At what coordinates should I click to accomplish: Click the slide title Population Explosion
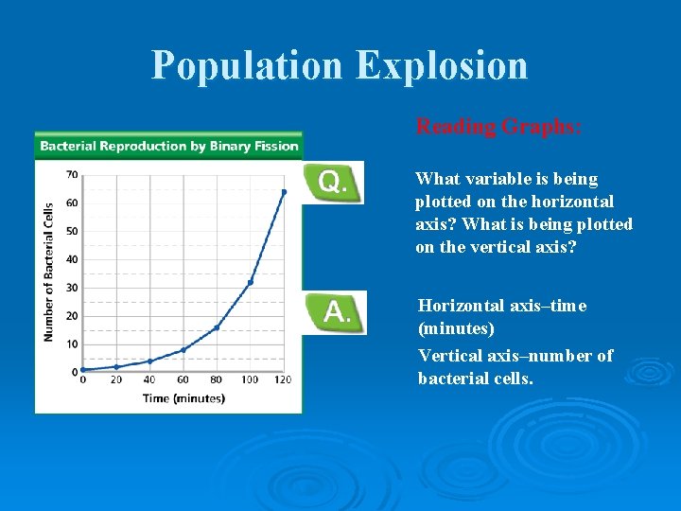pos(340,65)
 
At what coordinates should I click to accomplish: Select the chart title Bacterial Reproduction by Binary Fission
pos(169,146)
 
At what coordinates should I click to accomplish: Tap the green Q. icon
pos(332,182)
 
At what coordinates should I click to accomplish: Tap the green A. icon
pos(333,312)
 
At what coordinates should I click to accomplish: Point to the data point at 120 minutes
pos(283,192)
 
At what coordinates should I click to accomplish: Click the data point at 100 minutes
pos(250,282)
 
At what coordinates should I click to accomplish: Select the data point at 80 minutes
pos(217,327)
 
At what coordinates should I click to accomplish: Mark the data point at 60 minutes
pos(183,350)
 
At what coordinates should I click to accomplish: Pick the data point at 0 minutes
pos(83,370)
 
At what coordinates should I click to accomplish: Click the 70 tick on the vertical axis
pos(72,174)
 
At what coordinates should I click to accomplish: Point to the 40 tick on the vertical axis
pos(72,259)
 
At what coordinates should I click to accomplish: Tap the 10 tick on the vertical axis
pos(72,344)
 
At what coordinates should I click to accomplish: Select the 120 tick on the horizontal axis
pos(283,380)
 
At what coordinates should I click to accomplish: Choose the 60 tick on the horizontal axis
pos(183,380)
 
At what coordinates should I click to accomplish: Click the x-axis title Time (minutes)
pos(183,398)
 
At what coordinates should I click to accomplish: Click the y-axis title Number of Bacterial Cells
pos(47,273)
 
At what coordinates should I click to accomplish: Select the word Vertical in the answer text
pos(450,356)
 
